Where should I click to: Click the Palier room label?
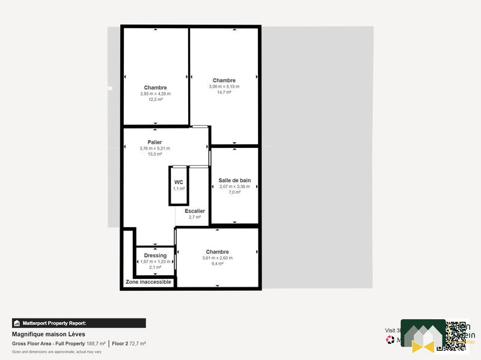pyautogui.click(x=155, y=142)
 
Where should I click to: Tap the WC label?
pyautogui.click(x=179, y=182)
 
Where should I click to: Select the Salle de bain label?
pyautogui.click(x=234, y=180)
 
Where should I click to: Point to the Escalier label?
pyautogui.click(x=195, y=211)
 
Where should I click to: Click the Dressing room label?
pyautogui.click(x=155, y=255)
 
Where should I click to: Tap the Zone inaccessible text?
pyautogui.click(x=149, y=282)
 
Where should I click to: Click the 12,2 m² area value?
pyautogui.click(x=155, y=100)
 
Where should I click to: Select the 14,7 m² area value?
pyautogui.click(x=224, y=93)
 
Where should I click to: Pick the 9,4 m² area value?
pyautogui.click(x=217, y=264)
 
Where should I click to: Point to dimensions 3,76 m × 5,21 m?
pyautogui.click(x=155, y=148)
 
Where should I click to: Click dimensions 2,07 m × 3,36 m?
pyautogui.click(x=234, y=187)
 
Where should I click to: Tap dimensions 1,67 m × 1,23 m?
pyautogui.click(x=155, y=261)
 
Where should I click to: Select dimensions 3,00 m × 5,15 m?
pyautogui.click(x=224, y=87)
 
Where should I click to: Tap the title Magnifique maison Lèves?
pyautogui.click(x=49, y=334)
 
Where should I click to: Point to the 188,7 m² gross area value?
pyautogui.click(x=96, y=344)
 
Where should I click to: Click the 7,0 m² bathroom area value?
pyautogui.click(x=234, y=193)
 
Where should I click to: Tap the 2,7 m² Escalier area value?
pyautogui.click(x=195, y=217)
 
